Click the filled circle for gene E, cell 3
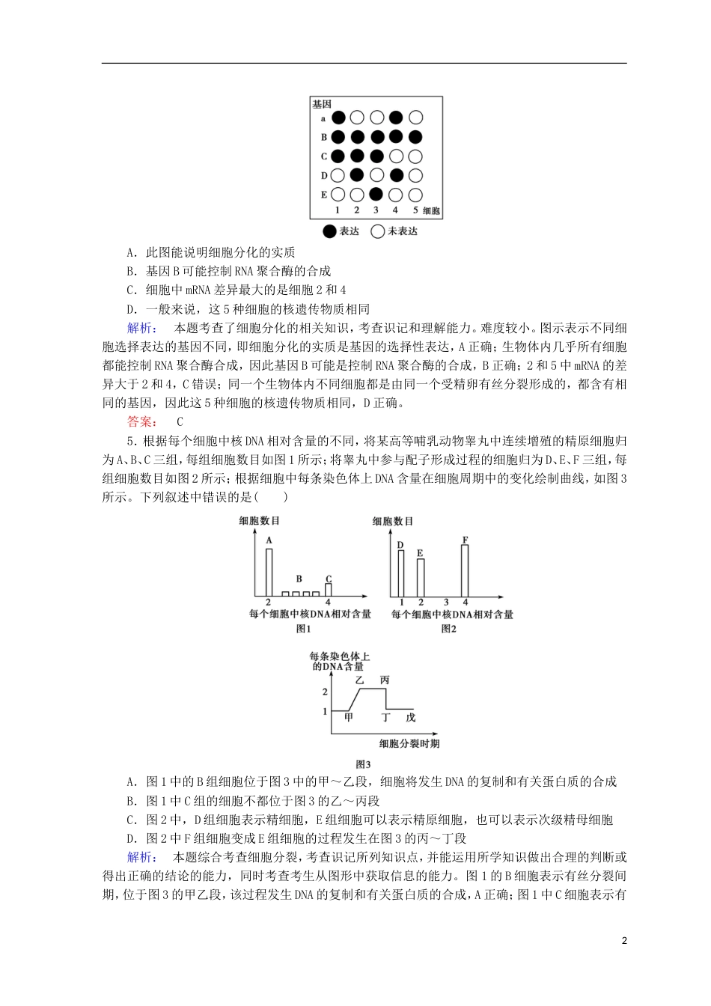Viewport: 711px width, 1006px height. pos(376,195)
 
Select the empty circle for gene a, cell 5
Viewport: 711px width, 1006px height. pos(416,118)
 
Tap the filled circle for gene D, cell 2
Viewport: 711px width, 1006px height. pos(357,175)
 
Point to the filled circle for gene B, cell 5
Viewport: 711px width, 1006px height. pos(416,137)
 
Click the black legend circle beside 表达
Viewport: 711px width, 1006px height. pos(329,231)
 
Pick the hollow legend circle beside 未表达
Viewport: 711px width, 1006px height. pos(378,231)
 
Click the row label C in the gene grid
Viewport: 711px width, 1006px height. pos(324,156)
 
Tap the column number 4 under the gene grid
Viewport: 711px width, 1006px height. pos(396,210)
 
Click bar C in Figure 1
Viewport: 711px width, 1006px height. pos(329,590)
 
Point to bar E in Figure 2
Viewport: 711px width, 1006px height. pos(421,577)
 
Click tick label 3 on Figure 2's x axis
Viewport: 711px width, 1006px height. pos(446,602)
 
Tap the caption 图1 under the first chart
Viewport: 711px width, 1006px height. pos(304,629)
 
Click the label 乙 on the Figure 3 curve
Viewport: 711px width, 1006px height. pos(359,680)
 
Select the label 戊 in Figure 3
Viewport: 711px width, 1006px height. pos(410,717)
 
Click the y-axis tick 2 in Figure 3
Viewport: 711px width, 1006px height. pos(325,692)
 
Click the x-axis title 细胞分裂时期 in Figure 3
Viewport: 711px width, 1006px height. pos(409,743)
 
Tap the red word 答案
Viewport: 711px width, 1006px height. pos(141,421)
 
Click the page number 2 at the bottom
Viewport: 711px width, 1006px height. pos(624,941)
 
